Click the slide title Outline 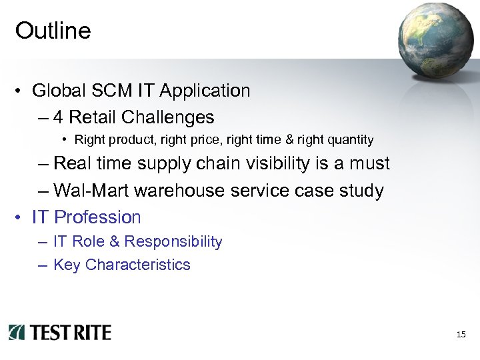coord(53,31)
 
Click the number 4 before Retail coord(59,118)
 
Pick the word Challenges coord(168,118)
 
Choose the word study coord(361,191)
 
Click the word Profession coord(97,218)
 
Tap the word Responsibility coord(173,242)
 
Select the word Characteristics coord(138,265)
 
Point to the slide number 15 coord(461,334)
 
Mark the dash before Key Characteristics coord(43,265)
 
